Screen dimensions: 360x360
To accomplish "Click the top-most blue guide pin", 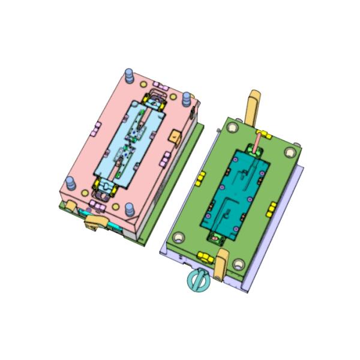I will [x=128, y=75].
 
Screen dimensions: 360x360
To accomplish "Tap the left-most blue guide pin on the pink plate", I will [x=71, y=182].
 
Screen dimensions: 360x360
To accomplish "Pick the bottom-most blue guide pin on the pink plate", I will [x=128, y=211].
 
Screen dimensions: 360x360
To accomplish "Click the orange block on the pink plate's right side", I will [x=175, y=136].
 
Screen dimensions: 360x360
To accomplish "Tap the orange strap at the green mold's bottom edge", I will [x=221, y=264].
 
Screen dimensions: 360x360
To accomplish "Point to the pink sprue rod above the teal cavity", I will [x=257, y=143].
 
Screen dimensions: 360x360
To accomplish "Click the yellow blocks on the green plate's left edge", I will [x=202, y=178].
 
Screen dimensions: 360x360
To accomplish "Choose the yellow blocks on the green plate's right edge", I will [x=272, y=208].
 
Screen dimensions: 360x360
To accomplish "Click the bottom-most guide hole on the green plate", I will [x=239, y=263].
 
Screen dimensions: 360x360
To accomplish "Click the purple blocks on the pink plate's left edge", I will [x=96, y=127].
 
